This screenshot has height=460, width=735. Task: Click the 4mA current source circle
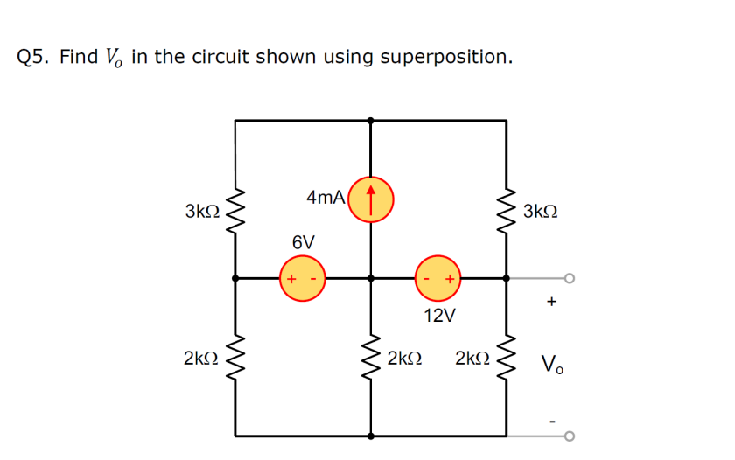pyautogui.click(x=371, y=197)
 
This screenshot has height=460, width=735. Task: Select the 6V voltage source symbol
pyautogui.click(x=302, y=279)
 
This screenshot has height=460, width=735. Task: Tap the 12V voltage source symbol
pyautogui.click(x=437, y=279)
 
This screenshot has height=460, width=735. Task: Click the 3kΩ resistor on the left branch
pyautogui.click(x=235, y=211)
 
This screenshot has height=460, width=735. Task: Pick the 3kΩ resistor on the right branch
pyautogui.click(x=507, y=211)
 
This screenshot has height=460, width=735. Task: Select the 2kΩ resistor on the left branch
pyautogui.click(x=235, y=359)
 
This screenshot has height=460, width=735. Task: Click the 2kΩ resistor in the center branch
pyautogui.click(x=371, y=359)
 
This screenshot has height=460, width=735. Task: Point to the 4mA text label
pyautogui.click(x=325, y=198)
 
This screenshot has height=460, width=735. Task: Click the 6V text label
pyautogui.click(x=304, y=240)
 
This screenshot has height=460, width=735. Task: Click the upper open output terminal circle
pyautogui.click(x=570, y=279)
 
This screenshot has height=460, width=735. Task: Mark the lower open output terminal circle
pyautogui.click(x=570, y=436)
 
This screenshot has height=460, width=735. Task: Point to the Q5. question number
pyautogui.click(x=34, y=58)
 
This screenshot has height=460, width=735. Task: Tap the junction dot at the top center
pyautogui.click(x=371, y=121)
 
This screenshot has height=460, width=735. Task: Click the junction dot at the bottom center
pyautogui.click(x=371, y=436)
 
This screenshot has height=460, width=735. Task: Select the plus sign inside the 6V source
pyautogui.click(x=290, y=279)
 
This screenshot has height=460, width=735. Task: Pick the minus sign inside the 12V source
pyautogui.click(x=426, y=279)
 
